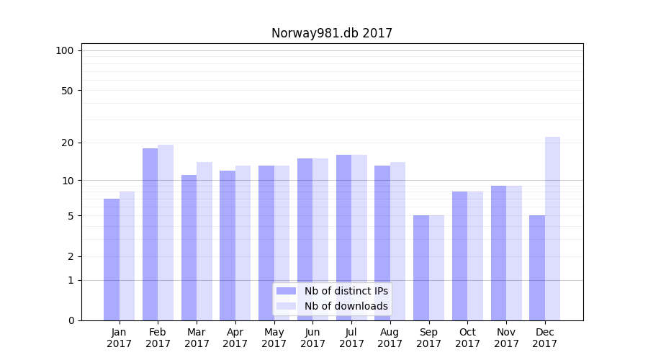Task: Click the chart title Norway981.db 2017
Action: [x=332, y=33]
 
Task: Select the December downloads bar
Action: [x=552, y=228]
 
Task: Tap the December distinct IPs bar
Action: [x=537, y=268]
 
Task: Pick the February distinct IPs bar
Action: [x=150, y=234]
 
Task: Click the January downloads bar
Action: [x=127, y=256]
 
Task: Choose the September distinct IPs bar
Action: [x=421, y=268]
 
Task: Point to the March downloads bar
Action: [x=204, y=241]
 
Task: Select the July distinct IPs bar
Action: [x=343, y=238]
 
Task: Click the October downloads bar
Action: [x=475, y=256]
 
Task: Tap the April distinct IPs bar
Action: [x=228, y=246]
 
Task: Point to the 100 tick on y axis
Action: [x=65, y=50]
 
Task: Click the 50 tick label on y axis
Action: [x=68, y=91]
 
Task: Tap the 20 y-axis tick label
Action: [x=68, y=143]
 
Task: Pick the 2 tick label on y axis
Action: [x=71, y=256]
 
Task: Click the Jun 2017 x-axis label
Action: [x=312, y=338]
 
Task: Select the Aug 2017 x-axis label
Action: [x=390, y=338]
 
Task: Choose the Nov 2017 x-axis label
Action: [x=506, y=338]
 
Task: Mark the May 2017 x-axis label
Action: [x=274, y=338]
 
